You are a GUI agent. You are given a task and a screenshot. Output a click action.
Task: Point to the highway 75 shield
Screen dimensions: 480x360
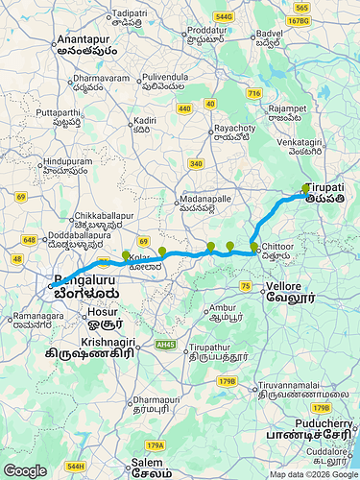[246, 286]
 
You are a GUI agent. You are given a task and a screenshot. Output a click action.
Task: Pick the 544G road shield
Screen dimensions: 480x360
[225, 16]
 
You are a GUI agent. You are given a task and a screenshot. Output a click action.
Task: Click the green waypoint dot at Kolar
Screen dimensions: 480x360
[126, 255]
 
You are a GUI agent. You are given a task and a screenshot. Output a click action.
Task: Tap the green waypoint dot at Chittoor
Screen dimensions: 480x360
[254, 248]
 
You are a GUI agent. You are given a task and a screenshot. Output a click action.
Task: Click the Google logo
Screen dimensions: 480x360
[25, 470]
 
